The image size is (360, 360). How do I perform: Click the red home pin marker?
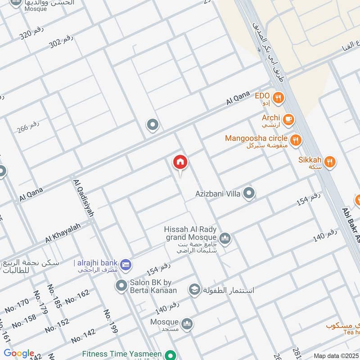(x=180, y=162)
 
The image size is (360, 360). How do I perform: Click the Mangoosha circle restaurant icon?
(x=296, y=140)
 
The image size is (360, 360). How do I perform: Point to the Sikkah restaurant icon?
(x=330, y=162)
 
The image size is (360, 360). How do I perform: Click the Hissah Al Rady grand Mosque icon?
(x=225, y=238)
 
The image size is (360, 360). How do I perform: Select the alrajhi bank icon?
(x=126, y=264)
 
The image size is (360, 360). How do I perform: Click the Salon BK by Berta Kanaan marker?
(x=121, y=285)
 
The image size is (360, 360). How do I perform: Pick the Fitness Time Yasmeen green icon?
(x=170, y=355)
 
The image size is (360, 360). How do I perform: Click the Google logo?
(x=19, y=353)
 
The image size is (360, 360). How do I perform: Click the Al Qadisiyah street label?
(x=84, y=198)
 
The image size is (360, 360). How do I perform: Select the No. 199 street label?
(x=110, y=321)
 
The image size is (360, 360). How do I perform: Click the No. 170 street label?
(x=17, y=306)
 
